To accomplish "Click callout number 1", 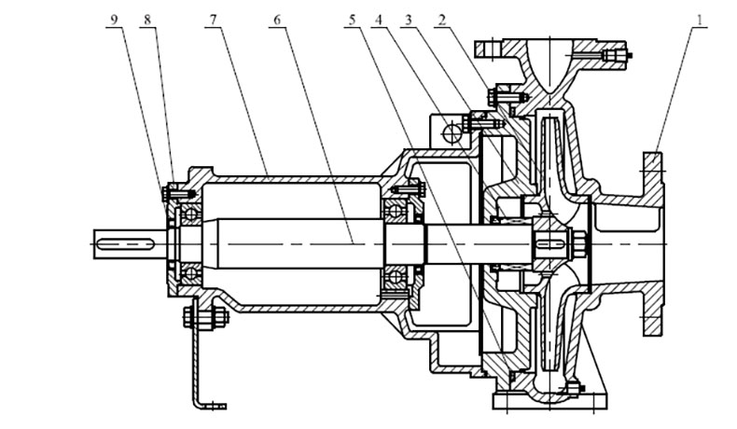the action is tap(700, 21).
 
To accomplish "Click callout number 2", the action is tap(442, 21).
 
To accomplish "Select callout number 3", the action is tap(409, 21).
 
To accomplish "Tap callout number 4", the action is tap(380, 21).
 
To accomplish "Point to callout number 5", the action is tap(353, 21).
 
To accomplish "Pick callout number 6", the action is tap(277, 21).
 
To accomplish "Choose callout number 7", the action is tap(214, 21).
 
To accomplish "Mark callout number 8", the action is tap(148, 21).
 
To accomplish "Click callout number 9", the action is tap(114, 21).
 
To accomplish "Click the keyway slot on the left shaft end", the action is tap(126, 243).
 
